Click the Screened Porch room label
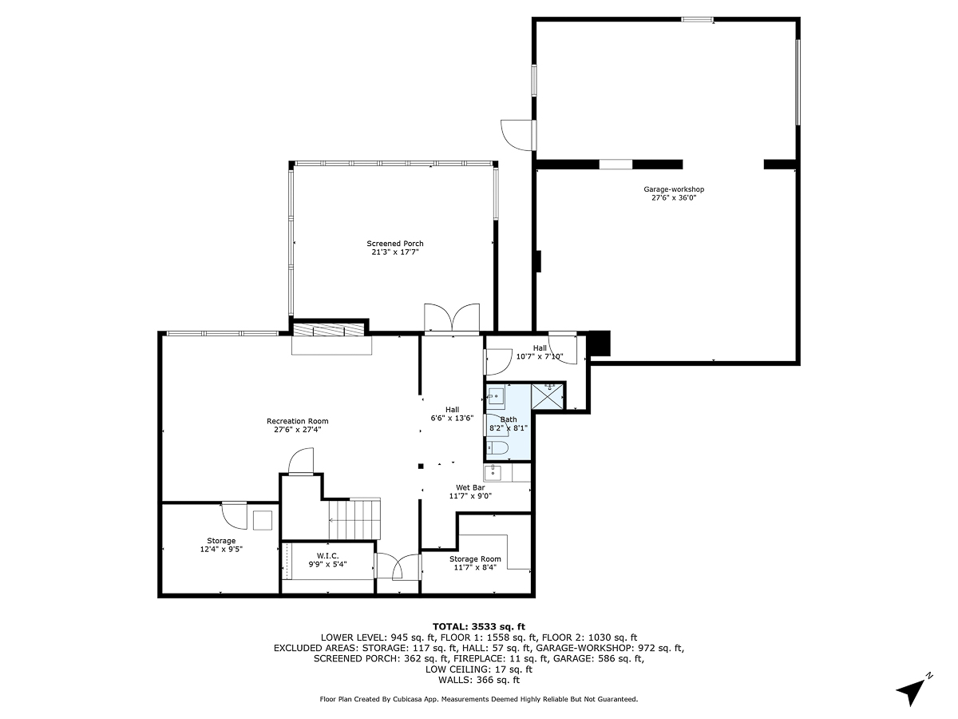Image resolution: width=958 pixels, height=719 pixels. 395,248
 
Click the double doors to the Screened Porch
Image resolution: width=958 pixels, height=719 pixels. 451,319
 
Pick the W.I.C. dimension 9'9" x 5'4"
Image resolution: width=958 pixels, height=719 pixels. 328,565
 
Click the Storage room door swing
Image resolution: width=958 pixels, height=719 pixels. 235,515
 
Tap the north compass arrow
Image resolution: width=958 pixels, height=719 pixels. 912,689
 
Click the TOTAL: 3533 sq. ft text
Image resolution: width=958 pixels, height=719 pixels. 478,626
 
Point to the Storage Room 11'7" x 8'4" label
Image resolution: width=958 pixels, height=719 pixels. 475,563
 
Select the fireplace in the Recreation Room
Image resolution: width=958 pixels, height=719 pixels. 331,337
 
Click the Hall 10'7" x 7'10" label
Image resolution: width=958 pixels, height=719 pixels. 540,352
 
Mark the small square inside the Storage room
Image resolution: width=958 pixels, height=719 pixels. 263,521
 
